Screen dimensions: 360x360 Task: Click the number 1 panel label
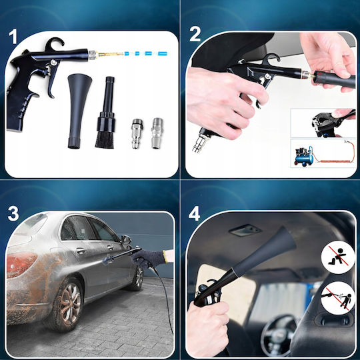pyautogui.click(x=13, y=36)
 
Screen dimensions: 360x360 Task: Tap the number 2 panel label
pyautogui.click(x=195, y=34)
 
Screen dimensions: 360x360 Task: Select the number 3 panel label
pyautogui.click(x=13, y=214)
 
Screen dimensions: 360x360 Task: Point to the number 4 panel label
pyautogui.click(x=194, y=213)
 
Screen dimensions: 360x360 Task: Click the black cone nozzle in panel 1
pyautogui.click(x=78, y=111)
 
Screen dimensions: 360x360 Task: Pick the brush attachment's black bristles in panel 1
pyautogui.click(x=105, y=139)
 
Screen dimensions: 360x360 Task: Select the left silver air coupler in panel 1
pyautogui.click(x=137, y=133)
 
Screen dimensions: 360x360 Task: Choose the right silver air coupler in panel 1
pyautogui.click(x=157, y=133)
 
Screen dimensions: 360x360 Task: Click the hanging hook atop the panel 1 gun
pyautogui.click(x=55, y=43)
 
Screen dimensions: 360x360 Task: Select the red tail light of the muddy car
pyautogui.click(x=21, y=264)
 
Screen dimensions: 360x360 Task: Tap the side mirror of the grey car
pyautogui.click(x=126, y=240)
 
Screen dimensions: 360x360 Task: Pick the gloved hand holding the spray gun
pyautogui.click(x=149, y=257)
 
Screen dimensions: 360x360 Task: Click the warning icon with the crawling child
pyautogui.click(x=338, y=257)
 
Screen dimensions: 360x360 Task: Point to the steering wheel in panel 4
pyautogui.click(x=279, y=333)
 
